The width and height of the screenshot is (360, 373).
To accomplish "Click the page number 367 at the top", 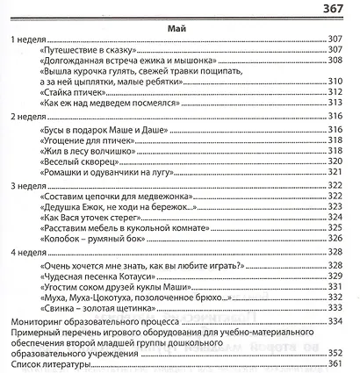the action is (x=338, y=9).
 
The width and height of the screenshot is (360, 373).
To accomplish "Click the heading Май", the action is (x=178, y=29).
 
